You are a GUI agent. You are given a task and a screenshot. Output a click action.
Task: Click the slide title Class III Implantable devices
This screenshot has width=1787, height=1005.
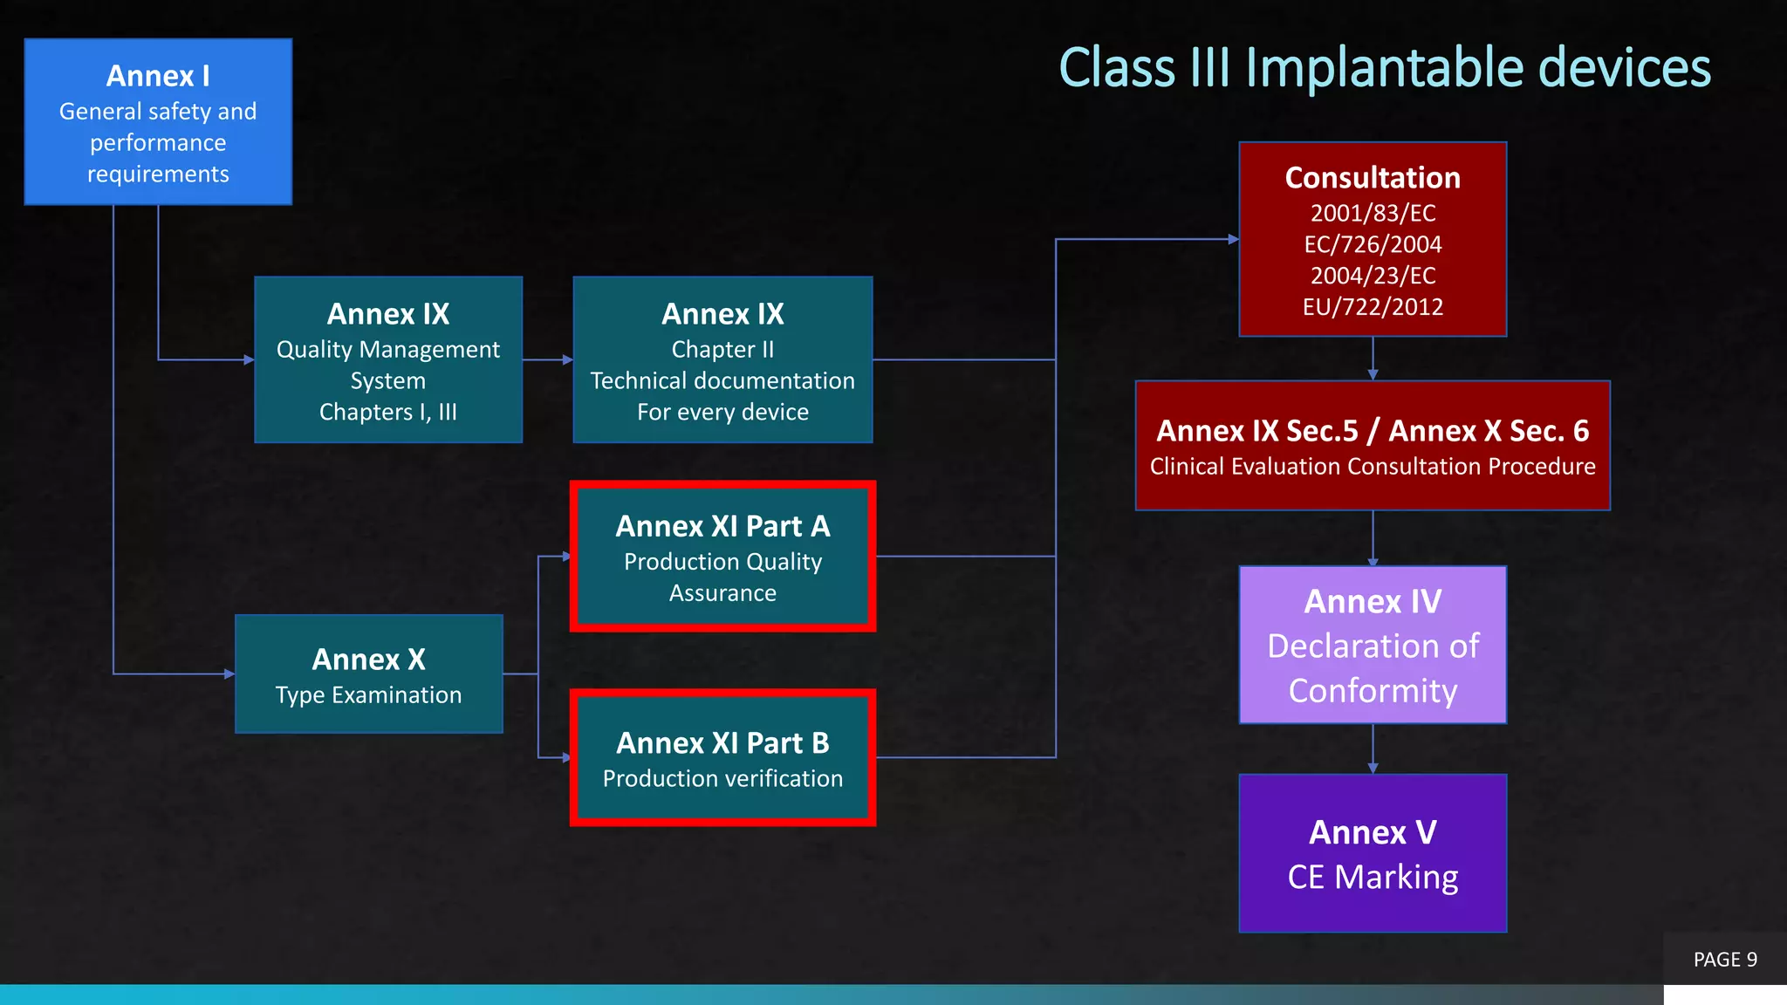(x=1384, y=68)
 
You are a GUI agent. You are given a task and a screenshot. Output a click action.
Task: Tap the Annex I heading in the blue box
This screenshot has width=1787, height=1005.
(x=158, y=77)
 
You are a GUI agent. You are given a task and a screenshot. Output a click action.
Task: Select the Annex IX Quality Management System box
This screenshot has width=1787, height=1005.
(x=388, y=360)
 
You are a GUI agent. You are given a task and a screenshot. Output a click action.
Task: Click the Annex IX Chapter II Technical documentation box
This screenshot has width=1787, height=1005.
(x=722, y=360)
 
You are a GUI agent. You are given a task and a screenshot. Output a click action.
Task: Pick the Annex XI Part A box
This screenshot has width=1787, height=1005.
(x=722, y=557)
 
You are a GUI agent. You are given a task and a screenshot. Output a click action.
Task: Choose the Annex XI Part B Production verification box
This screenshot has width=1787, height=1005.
(x=722, y=758)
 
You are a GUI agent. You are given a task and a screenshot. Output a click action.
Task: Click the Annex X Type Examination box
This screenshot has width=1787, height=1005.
(x=368, y=674)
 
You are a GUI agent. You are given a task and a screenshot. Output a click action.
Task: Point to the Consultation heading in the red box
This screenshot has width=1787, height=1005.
(x=1373, y=178)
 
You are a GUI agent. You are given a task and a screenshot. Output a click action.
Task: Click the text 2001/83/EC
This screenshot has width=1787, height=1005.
(x=1373, y=213)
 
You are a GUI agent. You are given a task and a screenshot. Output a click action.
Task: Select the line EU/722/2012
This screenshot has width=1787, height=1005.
(x=1373, y=307)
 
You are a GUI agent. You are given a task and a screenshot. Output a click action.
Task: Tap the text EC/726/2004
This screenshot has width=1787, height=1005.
(x=1373, y=244)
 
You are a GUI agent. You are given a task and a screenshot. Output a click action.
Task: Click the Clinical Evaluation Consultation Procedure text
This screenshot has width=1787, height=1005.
(x=1373, y=467)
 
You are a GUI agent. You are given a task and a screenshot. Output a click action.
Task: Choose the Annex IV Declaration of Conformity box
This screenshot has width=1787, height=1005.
(x=1373, y=646)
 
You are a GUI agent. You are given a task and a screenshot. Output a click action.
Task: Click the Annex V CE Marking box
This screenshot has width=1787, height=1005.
(x=1373, y=854)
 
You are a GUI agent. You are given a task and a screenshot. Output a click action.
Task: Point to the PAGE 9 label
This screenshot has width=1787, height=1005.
(x=1725, y=960)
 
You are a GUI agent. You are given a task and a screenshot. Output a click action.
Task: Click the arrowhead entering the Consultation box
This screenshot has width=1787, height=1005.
(x=1233, y=239)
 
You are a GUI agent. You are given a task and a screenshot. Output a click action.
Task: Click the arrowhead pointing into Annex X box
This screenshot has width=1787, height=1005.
(x=229, y=673)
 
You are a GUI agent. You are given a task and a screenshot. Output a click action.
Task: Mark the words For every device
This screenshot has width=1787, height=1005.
(x=722, y=412)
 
